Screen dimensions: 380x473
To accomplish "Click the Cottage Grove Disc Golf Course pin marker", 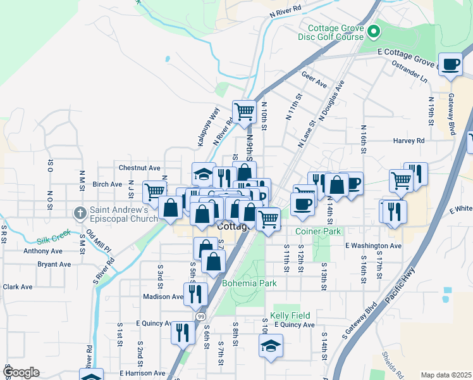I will pyautogui.click(x=374, y=30).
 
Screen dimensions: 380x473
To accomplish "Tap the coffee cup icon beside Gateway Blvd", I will pyautogui.click(x=450, y=64).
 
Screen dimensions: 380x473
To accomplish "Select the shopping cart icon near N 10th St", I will pyautogui.click(x=244, y=111).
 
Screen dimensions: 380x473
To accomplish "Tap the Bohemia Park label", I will pyautogui.click(x=249, y=283).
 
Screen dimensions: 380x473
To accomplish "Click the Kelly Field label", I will pyautogui.click(x=290, y=315).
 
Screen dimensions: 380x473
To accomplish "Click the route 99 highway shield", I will pyautogui.click(x=200, y=316).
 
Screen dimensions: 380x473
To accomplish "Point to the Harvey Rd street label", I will pyautogui.click(x=408, y=141).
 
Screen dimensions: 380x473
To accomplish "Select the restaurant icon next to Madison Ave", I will pyautogui.click(x=195, y=293).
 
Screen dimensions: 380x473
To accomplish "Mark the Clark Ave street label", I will pyautogui.click(x=18, y=287).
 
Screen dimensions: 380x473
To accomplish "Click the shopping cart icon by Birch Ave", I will pyautogui.click(x=154, y=191).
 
